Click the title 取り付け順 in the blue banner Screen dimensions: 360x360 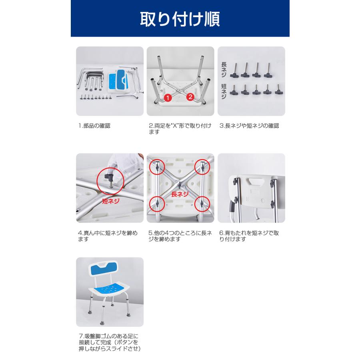[180, 18]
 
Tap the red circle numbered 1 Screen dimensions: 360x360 [168, 97]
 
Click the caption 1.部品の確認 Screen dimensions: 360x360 [94, 126]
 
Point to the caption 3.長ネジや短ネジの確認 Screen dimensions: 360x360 [249, 126]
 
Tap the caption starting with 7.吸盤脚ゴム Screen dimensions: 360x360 [109, 342]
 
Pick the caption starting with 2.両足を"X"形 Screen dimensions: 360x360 [180, 129]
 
